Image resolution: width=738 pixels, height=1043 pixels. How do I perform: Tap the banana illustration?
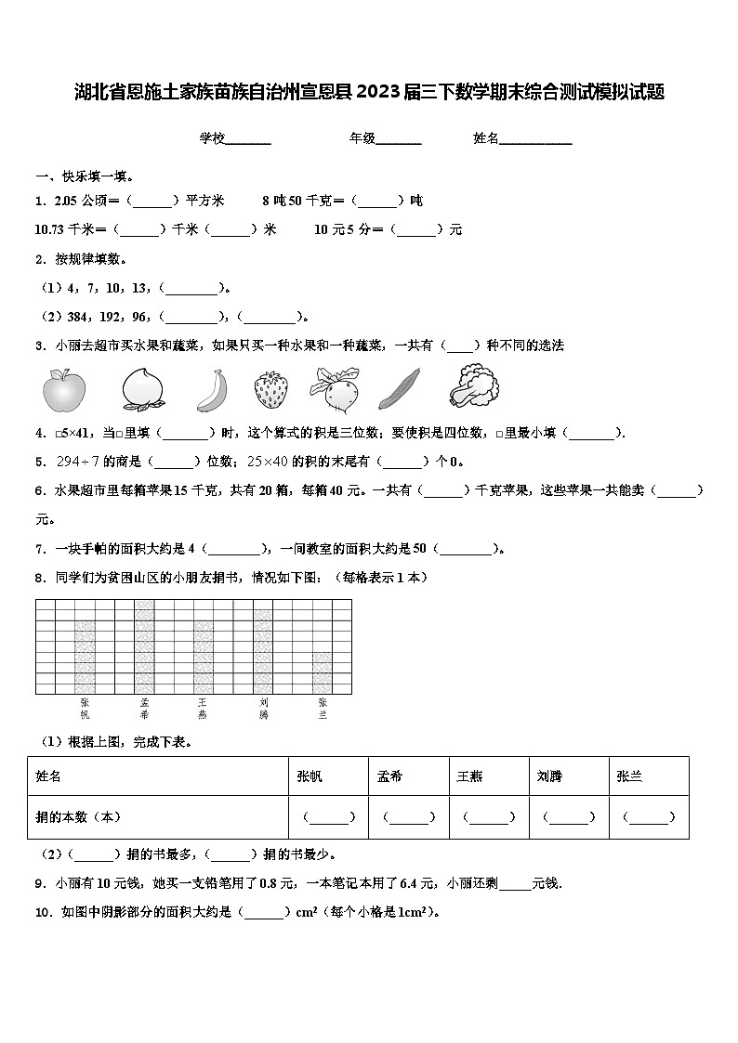pos(212,389)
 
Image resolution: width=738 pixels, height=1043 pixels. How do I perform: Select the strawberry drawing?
pos(270,389)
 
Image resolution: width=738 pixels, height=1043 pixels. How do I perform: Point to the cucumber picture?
pos(400,388)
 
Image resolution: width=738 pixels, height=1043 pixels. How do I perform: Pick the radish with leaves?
pos(334,388)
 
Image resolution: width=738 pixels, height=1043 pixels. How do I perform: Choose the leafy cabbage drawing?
pos(473,386)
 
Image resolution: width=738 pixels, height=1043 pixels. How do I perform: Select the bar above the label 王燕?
pos(204,657)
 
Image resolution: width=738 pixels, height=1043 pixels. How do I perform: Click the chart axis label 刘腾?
pos(263,709)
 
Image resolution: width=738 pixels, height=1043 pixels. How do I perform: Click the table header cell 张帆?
pos(310,776)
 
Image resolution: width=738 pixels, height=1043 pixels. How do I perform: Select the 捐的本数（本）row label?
pos(79,817)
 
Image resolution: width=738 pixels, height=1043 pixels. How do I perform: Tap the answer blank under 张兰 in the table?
pos(649,818)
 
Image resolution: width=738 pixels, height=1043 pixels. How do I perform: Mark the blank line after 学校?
pos(248,139)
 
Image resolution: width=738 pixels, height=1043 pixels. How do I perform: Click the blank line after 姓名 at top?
pos(536,139)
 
